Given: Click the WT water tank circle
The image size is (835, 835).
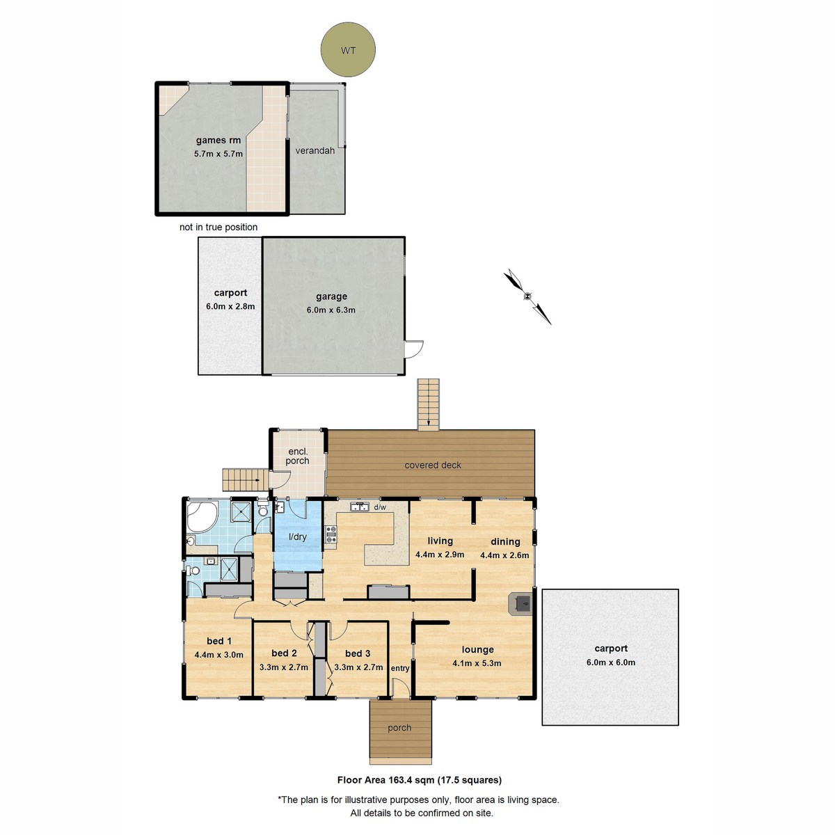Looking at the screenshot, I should pos(348,50).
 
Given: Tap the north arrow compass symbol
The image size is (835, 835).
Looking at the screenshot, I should pos(527,296).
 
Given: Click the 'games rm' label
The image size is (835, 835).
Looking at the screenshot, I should pos(218,140).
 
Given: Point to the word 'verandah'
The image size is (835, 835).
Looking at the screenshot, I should pos(315,150).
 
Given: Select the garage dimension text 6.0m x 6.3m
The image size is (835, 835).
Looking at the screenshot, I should pos(331,310).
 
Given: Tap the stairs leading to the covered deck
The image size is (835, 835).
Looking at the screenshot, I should pos(429,404).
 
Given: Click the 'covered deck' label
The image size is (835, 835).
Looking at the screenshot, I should pos(433,465).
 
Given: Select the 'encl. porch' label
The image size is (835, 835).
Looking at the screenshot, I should pos(297,456).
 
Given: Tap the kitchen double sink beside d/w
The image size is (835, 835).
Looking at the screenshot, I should pos(360,507).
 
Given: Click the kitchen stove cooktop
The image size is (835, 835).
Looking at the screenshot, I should pos(331,534).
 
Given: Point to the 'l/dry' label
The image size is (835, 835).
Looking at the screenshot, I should pos(298,536).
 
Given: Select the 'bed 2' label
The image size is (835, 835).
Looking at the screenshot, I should pos(284,653).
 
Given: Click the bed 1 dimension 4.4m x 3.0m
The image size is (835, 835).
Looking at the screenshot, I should pos(219,655).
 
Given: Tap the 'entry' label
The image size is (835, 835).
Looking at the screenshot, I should pos(400,668).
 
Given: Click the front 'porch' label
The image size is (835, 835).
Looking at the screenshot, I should pos(399,728).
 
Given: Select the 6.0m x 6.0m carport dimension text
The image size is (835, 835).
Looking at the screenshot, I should pos(610,662).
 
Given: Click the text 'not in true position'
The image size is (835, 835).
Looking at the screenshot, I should pos(218,227).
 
